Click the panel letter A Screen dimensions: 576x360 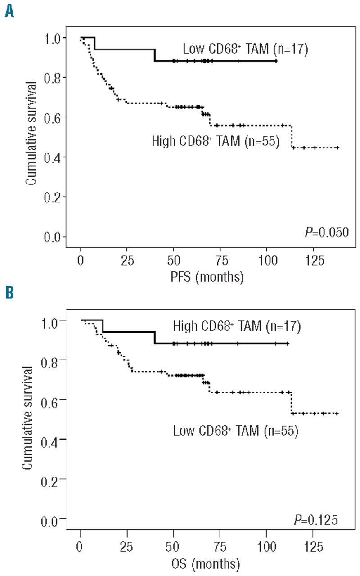tap(9, 9)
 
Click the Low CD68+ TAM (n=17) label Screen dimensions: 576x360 tap(245, 49)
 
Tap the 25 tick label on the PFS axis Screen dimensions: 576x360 tap(118, 261)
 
